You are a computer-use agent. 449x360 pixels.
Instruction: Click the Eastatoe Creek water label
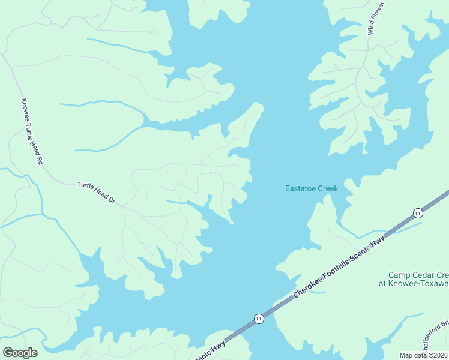pyautogui.click(x=311, y=188)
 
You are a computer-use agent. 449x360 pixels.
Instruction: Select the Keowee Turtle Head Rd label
pyautogui.click(x=32, y=131)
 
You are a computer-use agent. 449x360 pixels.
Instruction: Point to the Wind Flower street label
pyautogui.click(x=375, y=19)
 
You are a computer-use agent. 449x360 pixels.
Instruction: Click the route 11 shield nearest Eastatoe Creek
pyautogui.click(x=417, y=213)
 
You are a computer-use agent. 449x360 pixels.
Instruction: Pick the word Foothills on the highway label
pyautogui.click(x=339, y=265)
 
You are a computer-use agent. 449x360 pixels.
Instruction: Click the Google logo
pyautogui.click(x=20, y=352)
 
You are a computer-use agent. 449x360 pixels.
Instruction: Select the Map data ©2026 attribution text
pyautogui.click(x=424, y=355)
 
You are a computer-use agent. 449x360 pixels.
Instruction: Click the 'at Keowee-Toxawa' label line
pyautogui.click(x=414, y=283)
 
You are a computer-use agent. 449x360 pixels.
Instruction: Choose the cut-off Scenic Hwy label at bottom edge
pyautogui.click(x=209, y=352)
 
